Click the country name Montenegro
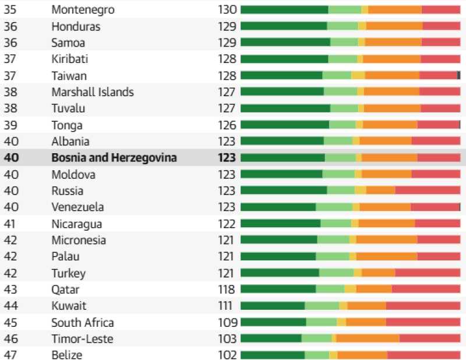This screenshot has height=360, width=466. (x=83, y=10)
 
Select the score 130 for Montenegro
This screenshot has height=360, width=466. (x=227, y=9)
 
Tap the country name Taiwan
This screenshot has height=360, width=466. (x=69, y=76)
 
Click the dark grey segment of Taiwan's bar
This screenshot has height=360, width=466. (x=458, y=75)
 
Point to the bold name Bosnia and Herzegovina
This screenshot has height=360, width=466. (x=114, y=157)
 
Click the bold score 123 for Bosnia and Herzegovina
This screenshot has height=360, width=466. (x=227, y=157)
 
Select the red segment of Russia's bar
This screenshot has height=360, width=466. (x=428, y=190)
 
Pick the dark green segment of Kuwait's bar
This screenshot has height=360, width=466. (x=273, y=305)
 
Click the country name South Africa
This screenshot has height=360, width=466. (x=82, y=323)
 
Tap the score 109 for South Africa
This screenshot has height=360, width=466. (x=228, y=323)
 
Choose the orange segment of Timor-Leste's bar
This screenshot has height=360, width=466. (x=368, y=338)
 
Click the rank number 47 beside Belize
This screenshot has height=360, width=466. (x=10, y=355)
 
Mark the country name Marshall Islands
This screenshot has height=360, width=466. (x=93, y=92)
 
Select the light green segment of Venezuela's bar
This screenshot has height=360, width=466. (x=334, y=207)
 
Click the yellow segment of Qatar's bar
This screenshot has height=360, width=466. (x=351, y=289)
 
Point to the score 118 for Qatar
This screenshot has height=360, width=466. (x=227, y=290)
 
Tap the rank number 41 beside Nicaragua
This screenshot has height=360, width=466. (x=9, y=224)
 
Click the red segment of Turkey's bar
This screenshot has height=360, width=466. (x=428, y=272)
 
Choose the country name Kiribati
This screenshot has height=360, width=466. (x=69, y=59)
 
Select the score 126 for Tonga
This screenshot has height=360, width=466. (x=227, y=125)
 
